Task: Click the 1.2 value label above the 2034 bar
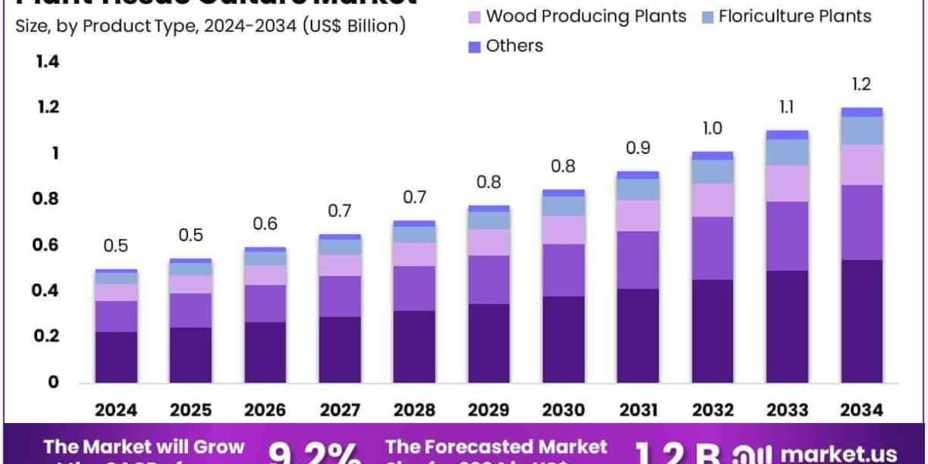coord(861,84)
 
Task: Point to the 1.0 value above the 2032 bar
coord(711,128)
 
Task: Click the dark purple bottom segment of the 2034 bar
coord(861,321)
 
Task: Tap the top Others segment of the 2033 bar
coord(786,135)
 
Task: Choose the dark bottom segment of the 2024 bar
coord(116,357)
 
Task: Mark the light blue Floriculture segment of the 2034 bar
coord(861,131)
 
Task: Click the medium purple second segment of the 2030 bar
coord(563,270)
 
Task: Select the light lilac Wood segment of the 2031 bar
coord(637,216)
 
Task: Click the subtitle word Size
coord(29,26)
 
